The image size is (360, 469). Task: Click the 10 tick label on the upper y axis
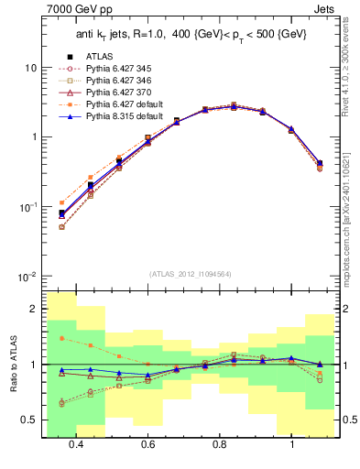(31, 69)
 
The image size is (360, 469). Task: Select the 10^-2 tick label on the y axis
(28, 276)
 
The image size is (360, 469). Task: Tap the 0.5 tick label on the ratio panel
(29, 420)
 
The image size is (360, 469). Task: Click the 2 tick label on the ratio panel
(34, 310)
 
